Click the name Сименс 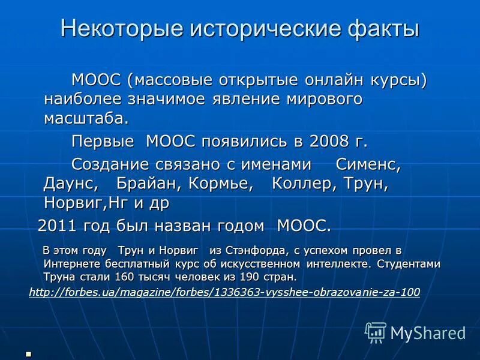coord(368,164)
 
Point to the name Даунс coord(71,184)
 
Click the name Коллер coord(305,184)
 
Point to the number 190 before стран coord(251,277)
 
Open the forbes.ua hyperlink coord(224,292)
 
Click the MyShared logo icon coord(376,331)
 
